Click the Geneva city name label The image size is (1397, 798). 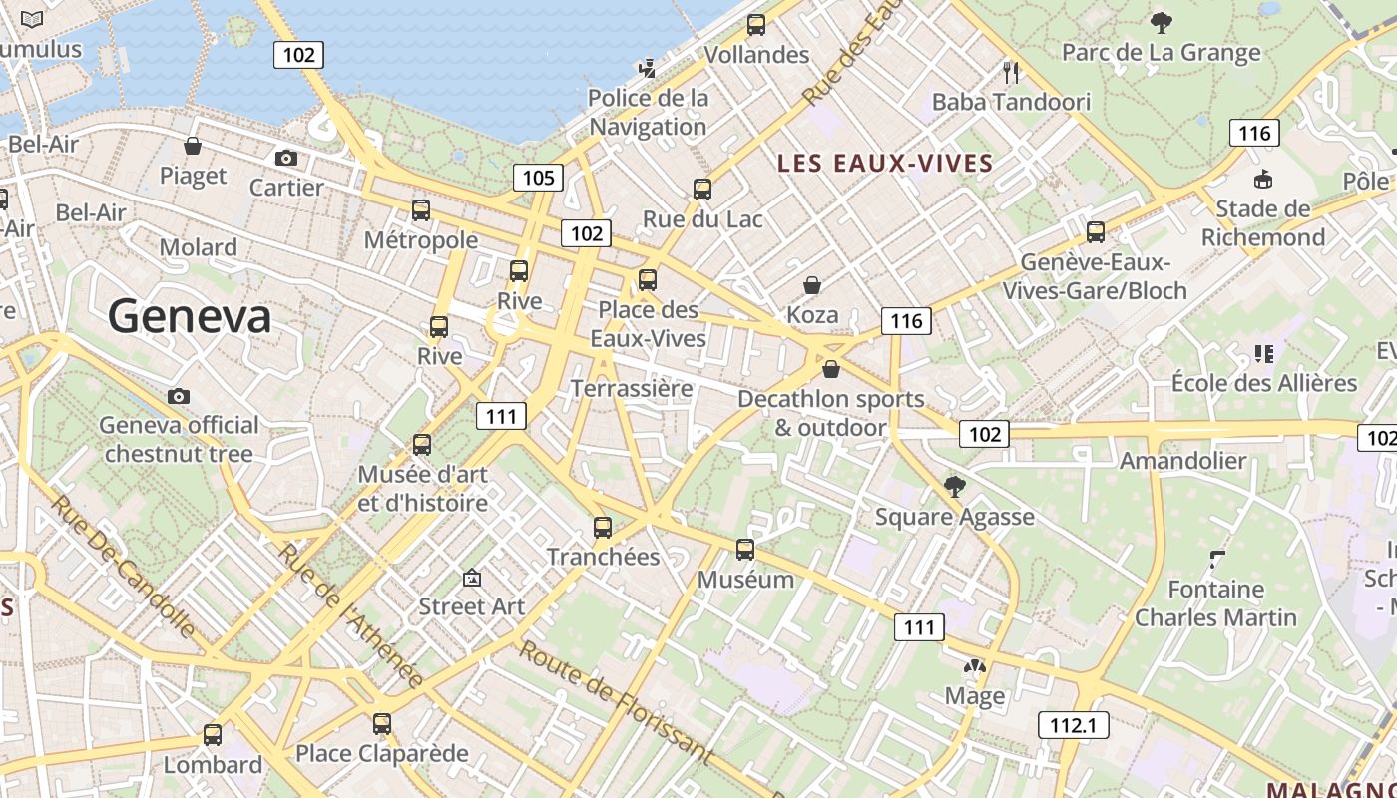[190, 317]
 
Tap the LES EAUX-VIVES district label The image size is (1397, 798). [885, 164]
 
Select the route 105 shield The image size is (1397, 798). [538, 178]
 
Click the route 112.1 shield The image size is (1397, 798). [1074, 725]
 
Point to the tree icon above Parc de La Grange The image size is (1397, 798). [1161, 22]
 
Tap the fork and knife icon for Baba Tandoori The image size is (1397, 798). [1011, 71]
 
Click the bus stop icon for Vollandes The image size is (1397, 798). [756, 25]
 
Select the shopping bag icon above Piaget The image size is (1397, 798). [193, 147]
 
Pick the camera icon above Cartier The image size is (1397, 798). [286, 158]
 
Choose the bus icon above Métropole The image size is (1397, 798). [421, 210]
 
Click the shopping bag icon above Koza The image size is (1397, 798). [812, 286]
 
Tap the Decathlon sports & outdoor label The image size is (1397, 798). [831, 413]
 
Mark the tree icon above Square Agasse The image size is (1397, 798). [955, 487]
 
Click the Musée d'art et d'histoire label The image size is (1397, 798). [423, 489]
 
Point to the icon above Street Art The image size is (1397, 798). [472, 578]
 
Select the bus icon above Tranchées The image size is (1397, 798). [603, 528]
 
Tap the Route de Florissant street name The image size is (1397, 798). [616, 703]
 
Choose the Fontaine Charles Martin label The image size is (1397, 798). [1215, 603]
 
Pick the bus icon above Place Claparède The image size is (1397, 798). [382, 724]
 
